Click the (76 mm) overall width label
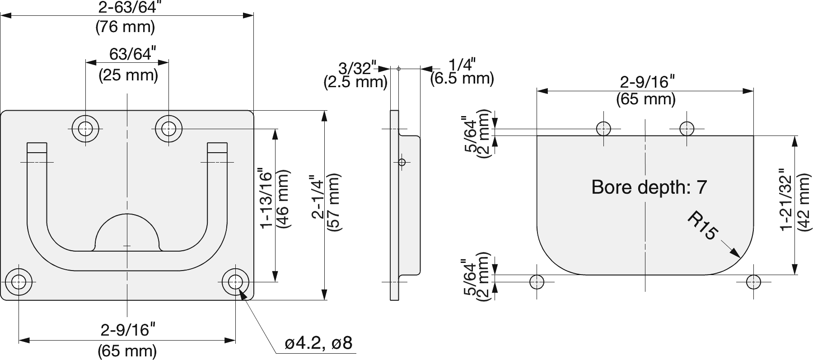click(125, 28)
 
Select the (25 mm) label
click(128, 75)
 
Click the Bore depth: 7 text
click(649, 187)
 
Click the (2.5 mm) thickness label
click(355, 82)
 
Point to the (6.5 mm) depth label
click(462, 79)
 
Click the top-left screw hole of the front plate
click(85, 129)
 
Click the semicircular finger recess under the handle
click(127, 233)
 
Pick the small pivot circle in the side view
click(402, 162)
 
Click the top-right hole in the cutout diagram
click(687, 129)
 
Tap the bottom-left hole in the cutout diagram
click(537, 282)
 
